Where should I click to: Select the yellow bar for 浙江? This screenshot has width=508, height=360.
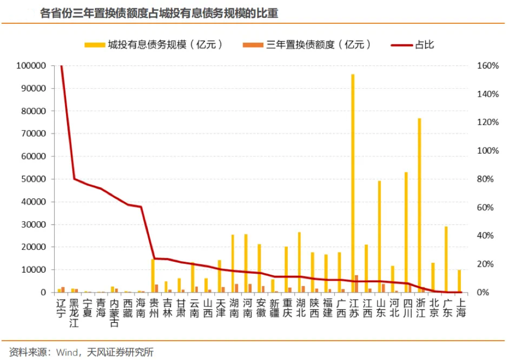pyautogui.click(x=419, y=203)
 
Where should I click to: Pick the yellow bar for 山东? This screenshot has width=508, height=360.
pyautogui.click(x=380, y=236)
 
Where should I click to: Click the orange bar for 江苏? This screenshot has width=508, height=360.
pyautogui.click(x=357, y=284)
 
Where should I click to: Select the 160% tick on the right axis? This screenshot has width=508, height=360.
pyautogui.click(x=488, y=65)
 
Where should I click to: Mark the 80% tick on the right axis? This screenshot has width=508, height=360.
pyautogui.click(x=486, y=179)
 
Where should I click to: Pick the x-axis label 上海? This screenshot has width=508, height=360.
pyautogui.click(x=460, y=307)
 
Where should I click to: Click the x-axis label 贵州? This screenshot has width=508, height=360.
pyautogui.click(x=154, y=307)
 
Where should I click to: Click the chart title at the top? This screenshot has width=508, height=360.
pyautogui.click(x=159, y=14)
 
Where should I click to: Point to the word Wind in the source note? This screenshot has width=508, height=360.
pyautogui.click(x=66, y=353)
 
